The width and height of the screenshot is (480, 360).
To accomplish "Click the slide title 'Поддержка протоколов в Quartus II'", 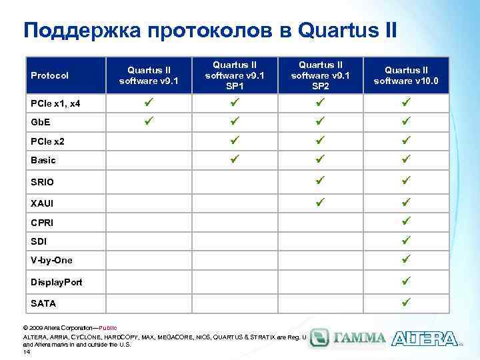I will pyautogui.click(x=210, y=30).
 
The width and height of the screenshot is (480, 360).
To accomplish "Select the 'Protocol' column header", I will pyautogui.click(x=49, y=76).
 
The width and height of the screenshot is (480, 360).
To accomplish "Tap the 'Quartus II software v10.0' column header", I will pyautogui.click(x=406, y=76).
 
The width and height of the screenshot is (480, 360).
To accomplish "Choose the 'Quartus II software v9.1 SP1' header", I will pyautogui.click(x=234, y=76).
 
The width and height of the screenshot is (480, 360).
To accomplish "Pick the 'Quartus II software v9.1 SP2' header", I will pyautogui.click(x=319, y=76).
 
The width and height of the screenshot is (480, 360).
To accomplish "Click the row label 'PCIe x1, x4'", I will pyautogui.click(x=57, y=105).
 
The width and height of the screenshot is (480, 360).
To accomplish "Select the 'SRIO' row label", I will pyautogui.click(x=43, y=181).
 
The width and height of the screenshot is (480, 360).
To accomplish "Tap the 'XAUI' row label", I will pyautogui.click(x=42, y=202).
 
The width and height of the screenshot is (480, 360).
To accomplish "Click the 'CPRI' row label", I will pyautogui.click(x=42, y=222).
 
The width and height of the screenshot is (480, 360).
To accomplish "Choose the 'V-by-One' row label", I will pyautogui.click(x=51, y=260).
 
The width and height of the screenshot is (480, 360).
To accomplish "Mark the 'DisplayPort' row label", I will pyautogui.click(x=57, y=282).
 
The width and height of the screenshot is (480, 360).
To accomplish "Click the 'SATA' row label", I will pyautogui.click(x=43, y=303).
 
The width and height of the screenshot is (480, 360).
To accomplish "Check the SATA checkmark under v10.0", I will pyautogui.click(x=406, y=302).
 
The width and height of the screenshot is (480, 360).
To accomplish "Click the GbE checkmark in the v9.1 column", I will pyautogui.click(x=149, y=122).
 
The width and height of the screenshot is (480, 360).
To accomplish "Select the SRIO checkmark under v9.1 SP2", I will pyautogui.click(x=320, y=180).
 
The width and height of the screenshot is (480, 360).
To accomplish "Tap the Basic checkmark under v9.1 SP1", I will pyautogui.click(x=234, y=159).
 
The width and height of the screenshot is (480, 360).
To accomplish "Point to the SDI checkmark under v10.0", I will pyautogui.click(x=406, y=239).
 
